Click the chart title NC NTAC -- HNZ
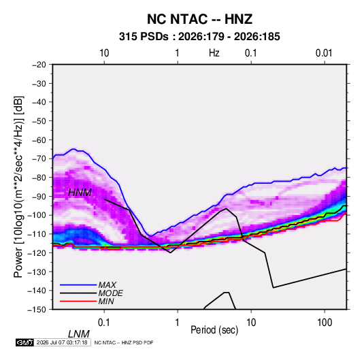tap(199, 19)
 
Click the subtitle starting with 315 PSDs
tap(199, 37)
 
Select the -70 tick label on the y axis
tap(39, 159)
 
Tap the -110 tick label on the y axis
tap(37, 234)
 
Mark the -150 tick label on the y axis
tap(37, 310)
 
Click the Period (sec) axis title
tap(214, 330)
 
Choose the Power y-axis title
tap(18, 187)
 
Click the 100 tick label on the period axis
tap(325, 323)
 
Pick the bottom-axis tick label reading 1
tap(177, 323)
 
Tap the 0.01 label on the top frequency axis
tap(324, 53)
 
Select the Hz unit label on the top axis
tap(214, 53)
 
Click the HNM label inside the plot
tap(80, 193)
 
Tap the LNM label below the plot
tap(79, 334)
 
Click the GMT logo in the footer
tap(24, 342)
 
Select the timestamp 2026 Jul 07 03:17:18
tap(62, 342)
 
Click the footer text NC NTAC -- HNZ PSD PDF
tap(124, 342)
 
